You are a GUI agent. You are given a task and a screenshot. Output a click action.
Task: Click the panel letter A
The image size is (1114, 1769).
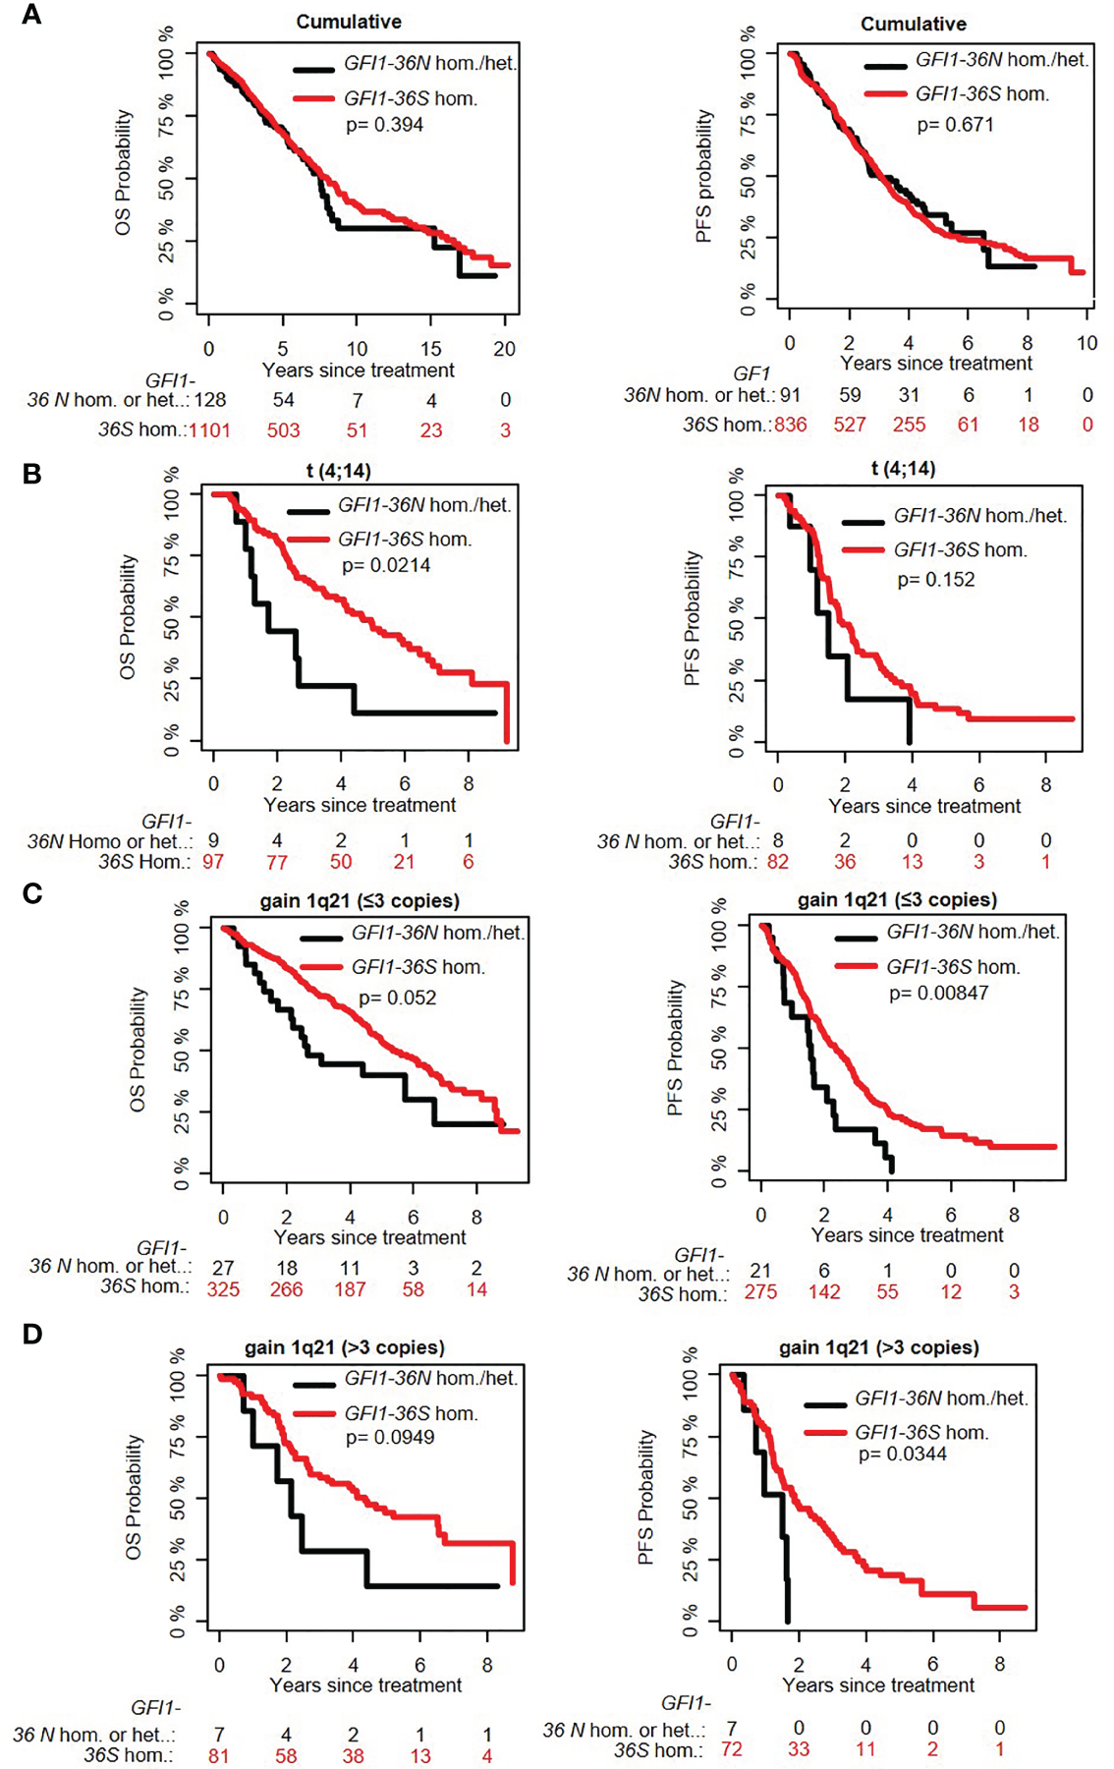[x=31, y=15]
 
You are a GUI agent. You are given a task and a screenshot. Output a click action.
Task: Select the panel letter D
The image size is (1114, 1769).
[x=31, y=1334]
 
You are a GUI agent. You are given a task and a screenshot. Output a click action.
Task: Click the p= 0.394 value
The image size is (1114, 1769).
[x=384, y=125]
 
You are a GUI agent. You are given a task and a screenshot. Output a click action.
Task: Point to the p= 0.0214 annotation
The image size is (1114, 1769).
[x=386, y=565]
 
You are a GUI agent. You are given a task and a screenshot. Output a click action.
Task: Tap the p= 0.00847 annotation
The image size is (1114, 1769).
[x=938, y=994]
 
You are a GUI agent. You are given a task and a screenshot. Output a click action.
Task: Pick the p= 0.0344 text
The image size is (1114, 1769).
[x=902, y=1454]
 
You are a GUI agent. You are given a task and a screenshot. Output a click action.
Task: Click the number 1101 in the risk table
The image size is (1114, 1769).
[x=209, y=430]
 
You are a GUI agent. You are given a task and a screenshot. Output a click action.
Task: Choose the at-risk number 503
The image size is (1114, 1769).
[x=283, y=430]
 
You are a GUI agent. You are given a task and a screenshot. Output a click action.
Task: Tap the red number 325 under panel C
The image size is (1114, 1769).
[x=223, y=1289]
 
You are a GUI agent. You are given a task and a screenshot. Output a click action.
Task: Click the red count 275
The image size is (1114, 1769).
[x=760, y=1292]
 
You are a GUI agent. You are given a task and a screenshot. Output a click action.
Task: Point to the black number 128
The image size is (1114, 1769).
[x=209, y=400]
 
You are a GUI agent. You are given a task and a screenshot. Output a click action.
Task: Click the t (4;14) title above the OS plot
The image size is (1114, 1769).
[x=338, y=471]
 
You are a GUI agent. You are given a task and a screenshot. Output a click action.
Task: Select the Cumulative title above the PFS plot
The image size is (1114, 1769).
[x=913, y=24]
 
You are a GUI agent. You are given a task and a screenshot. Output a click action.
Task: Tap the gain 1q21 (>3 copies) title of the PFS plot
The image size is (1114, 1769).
[x=878, y=1347]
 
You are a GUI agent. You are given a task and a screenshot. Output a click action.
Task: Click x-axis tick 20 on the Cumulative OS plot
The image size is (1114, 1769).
[x=504, y=349]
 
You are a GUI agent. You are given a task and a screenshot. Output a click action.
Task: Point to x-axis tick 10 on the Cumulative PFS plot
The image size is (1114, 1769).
[x=1086, y=343]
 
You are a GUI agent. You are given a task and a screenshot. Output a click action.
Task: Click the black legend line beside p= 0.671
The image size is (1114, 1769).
[x=885, y=66]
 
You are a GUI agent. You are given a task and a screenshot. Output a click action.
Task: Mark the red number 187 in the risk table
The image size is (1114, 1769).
[x=350, y=1289]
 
